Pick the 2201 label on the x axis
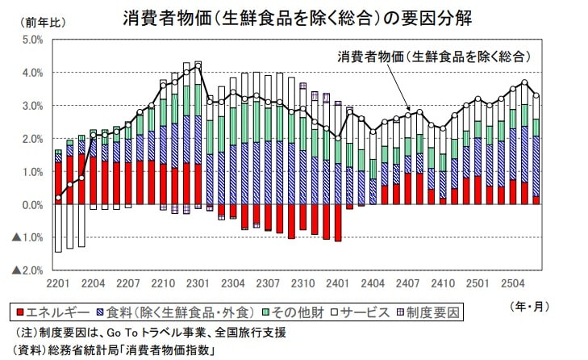click(58, 283)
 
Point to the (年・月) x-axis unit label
click(530, 306)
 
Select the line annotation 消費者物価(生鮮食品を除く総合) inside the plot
click(434, 56)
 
